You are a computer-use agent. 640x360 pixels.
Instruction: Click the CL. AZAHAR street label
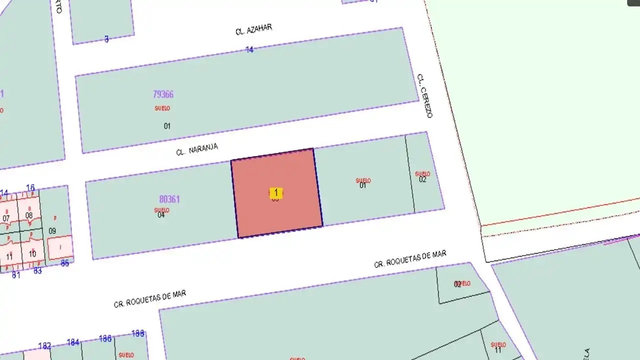(x=254, y=29)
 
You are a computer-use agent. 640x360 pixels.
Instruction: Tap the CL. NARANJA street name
(x=197, y=149)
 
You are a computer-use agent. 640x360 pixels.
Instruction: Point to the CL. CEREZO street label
(x=424, y=96)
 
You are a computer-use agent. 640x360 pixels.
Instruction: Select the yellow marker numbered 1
(x=275, y=192)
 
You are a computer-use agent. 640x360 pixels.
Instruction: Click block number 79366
(x=163, y=94)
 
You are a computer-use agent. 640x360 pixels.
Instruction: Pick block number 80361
(x=169, y=199)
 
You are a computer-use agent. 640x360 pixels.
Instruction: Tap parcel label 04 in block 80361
(x=161, y=215)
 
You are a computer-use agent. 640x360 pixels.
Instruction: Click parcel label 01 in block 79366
(x=167, y=126)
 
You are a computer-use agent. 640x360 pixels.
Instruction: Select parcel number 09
(x=52, y=231)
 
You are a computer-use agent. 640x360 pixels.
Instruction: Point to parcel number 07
(x=6, y=218)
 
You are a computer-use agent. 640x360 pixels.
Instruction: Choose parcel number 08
(x=29, y=216)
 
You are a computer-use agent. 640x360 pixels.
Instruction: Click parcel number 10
(x=32, y=253)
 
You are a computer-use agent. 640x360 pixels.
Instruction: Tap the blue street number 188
(x=138, y=333)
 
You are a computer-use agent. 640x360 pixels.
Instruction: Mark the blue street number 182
(x=44, y=346)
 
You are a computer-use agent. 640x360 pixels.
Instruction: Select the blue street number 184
(x=73, y=342)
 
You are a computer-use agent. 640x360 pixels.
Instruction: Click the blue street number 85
(x=64, y=263)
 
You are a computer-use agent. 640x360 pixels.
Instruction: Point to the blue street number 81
(x=16, y=274)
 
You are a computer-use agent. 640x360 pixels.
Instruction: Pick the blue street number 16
(x=30, y=188)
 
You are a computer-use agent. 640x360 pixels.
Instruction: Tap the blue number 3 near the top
(x=106, y=39)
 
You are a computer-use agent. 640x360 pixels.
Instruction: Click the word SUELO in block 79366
(x=162, y=108)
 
